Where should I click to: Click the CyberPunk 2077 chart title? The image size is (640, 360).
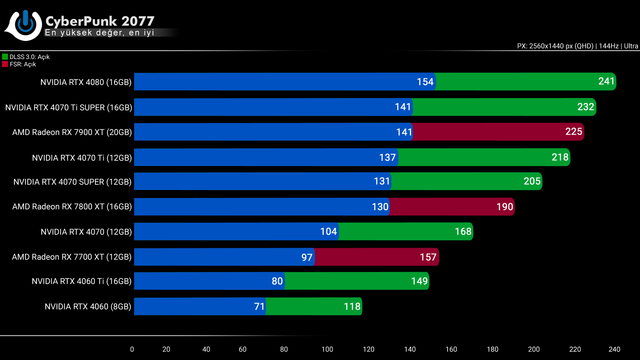[100, 21]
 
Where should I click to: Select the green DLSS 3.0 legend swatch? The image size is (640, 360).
[5, 57]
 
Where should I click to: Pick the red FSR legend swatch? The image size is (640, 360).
[5, 64]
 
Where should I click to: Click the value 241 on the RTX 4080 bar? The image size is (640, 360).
[606, 81]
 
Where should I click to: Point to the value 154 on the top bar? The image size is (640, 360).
[425, 82]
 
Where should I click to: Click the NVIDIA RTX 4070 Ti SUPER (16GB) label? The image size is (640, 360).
[69, 108]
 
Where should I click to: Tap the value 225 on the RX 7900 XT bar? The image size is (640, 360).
[574, 132]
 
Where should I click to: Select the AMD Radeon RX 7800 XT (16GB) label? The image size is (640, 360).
[72, 207]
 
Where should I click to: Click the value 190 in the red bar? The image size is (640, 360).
[505, 207]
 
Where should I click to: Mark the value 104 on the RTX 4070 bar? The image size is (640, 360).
[328, 232]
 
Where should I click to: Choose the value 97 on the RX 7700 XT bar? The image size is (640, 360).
[307, 257]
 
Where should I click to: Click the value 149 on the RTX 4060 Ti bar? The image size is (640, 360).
[419, 281]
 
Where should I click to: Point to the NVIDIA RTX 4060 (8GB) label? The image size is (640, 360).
[88, 307]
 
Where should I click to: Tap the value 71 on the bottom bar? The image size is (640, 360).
[259, 307]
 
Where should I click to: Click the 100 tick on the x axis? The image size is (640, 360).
[327, 349]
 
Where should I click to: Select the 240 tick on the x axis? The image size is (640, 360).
[614, 349]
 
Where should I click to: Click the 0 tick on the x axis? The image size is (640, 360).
[132, 349]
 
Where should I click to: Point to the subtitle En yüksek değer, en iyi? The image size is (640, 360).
[99, 33]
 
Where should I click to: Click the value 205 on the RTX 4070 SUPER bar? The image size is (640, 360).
[532, 181]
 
